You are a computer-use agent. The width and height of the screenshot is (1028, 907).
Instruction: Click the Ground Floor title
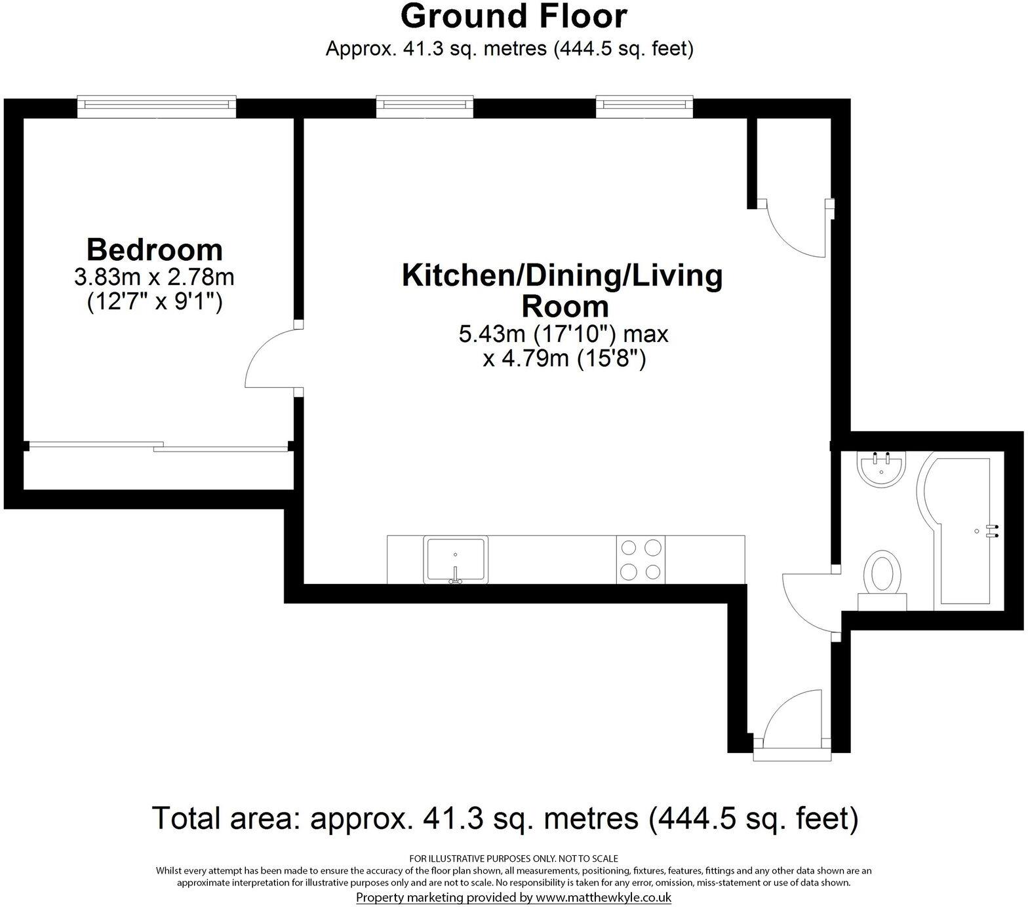pyautogui.click(x=513, y=16)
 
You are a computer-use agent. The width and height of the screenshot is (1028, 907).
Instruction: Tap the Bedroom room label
pyautogui.click(x=155, y=250)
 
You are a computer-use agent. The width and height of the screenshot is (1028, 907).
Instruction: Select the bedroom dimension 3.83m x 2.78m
pyautogui.click(x=155, y=277)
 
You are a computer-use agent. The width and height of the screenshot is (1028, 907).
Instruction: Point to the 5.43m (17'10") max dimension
pyautogui.click(x=563, y=334)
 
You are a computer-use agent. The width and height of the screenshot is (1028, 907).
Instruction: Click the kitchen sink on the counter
pyautogui.click(x=456, y=559)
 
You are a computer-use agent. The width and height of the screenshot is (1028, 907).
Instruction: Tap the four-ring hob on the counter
pyautogui.click(x=641, y=559)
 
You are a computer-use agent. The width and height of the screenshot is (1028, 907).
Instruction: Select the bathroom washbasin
pyautogui.click(x=880, y=468)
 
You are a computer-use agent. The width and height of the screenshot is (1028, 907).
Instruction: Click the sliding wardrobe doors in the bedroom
pyautogui.click(x=157, y=446)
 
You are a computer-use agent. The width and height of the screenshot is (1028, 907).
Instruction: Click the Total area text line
pyautogui.click(x=505, y=819)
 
